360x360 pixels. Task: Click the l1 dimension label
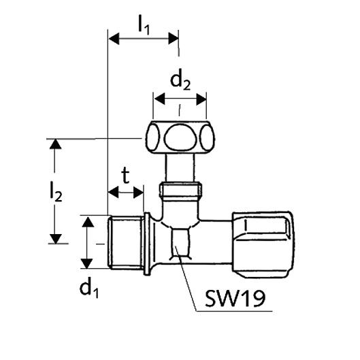tap(144, 24)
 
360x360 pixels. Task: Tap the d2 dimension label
tap(180, 81)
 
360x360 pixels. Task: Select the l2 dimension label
tap(56, 192)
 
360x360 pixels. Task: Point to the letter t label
tap(125, 176)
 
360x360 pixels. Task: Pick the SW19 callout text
tap(235, 298)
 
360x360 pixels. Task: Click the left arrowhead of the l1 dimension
tap(114, 39)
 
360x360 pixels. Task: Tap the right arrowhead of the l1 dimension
tap(173, 38)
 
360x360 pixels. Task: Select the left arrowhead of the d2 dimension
tap(160, 99)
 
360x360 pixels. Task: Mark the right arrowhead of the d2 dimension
tap(201, 99)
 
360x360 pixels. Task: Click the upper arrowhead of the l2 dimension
tap(56, 144)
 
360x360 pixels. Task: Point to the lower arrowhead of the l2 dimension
tap(56, 239)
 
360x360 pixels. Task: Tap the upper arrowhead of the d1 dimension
tap(88, 222)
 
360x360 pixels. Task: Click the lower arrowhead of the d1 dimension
tap(87, 263)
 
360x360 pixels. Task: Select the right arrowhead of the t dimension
tap(138, 193)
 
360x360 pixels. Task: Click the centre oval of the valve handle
tap(180, 137)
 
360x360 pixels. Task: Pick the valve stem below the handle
tap(180, 167)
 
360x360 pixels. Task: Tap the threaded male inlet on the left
tap(125, 242)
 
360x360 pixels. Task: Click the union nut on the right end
tap(263, 244)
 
